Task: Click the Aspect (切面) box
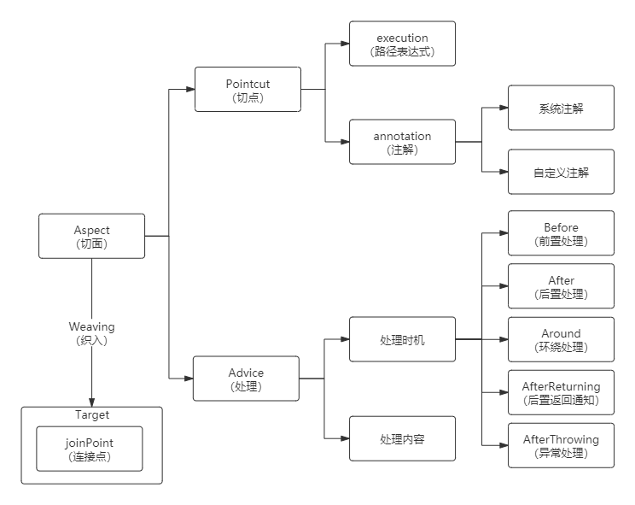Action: click(92, 236)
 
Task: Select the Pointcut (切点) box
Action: click(248, 89)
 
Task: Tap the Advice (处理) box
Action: click(246, 379)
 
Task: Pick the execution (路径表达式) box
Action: click(402, 44)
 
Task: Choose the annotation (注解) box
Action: click(402, 142)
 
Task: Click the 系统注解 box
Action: click(561, 108)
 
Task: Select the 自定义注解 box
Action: click(561, 172)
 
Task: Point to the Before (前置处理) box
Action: click(561, 233)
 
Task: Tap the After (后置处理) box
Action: click(561, 286)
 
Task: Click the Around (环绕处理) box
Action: click(561, 339)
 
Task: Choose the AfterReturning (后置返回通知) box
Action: click(561, 392)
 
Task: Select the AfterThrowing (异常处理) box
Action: click(561, 445)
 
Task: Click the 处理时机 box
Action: click(402, 339)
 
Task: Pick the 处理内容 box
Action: click(402, 439)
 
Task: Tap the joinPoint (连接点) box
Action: click(89, 449)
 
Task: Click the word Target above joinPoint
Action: click(92, 415)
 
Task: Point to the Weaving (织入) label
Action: click(92, 332)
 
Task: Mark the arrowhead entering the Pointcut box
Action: click(189, 89)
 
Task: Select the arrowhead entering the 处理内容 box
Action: click(344, 439)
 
